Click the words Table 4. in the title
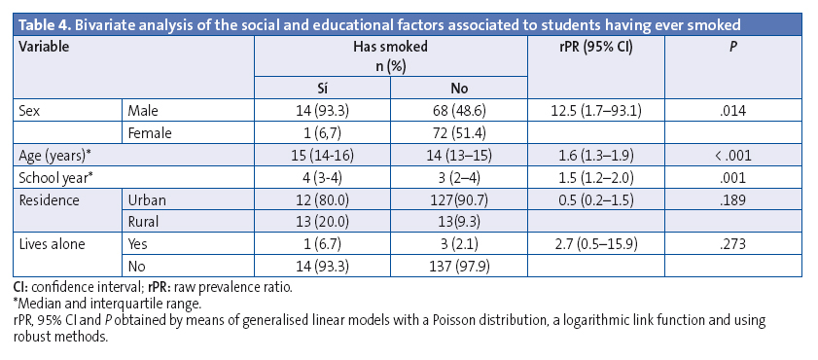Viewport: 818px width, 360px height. click(x=48, y=22)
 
